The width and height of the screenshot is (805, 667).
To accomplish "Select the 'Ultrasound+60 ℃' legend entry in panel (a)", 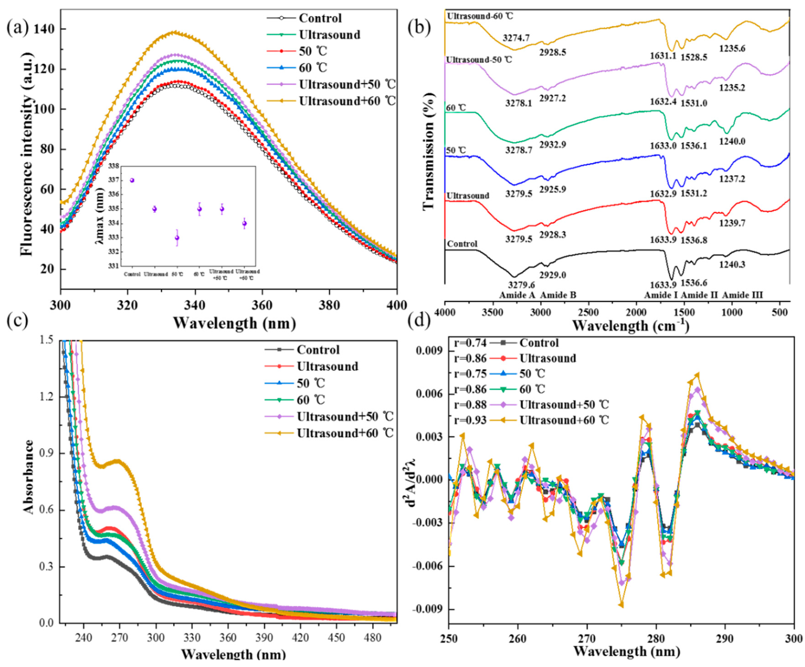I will [347, 101].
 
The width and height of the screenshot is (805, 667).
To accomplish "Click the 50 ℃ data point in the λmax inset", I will [177, 238].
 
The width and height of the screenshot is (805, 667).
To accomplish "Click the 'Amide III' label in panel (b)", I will [743, 295].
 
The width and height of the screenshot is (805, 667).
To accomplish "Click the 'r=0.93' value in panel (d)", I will [470, 420].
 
